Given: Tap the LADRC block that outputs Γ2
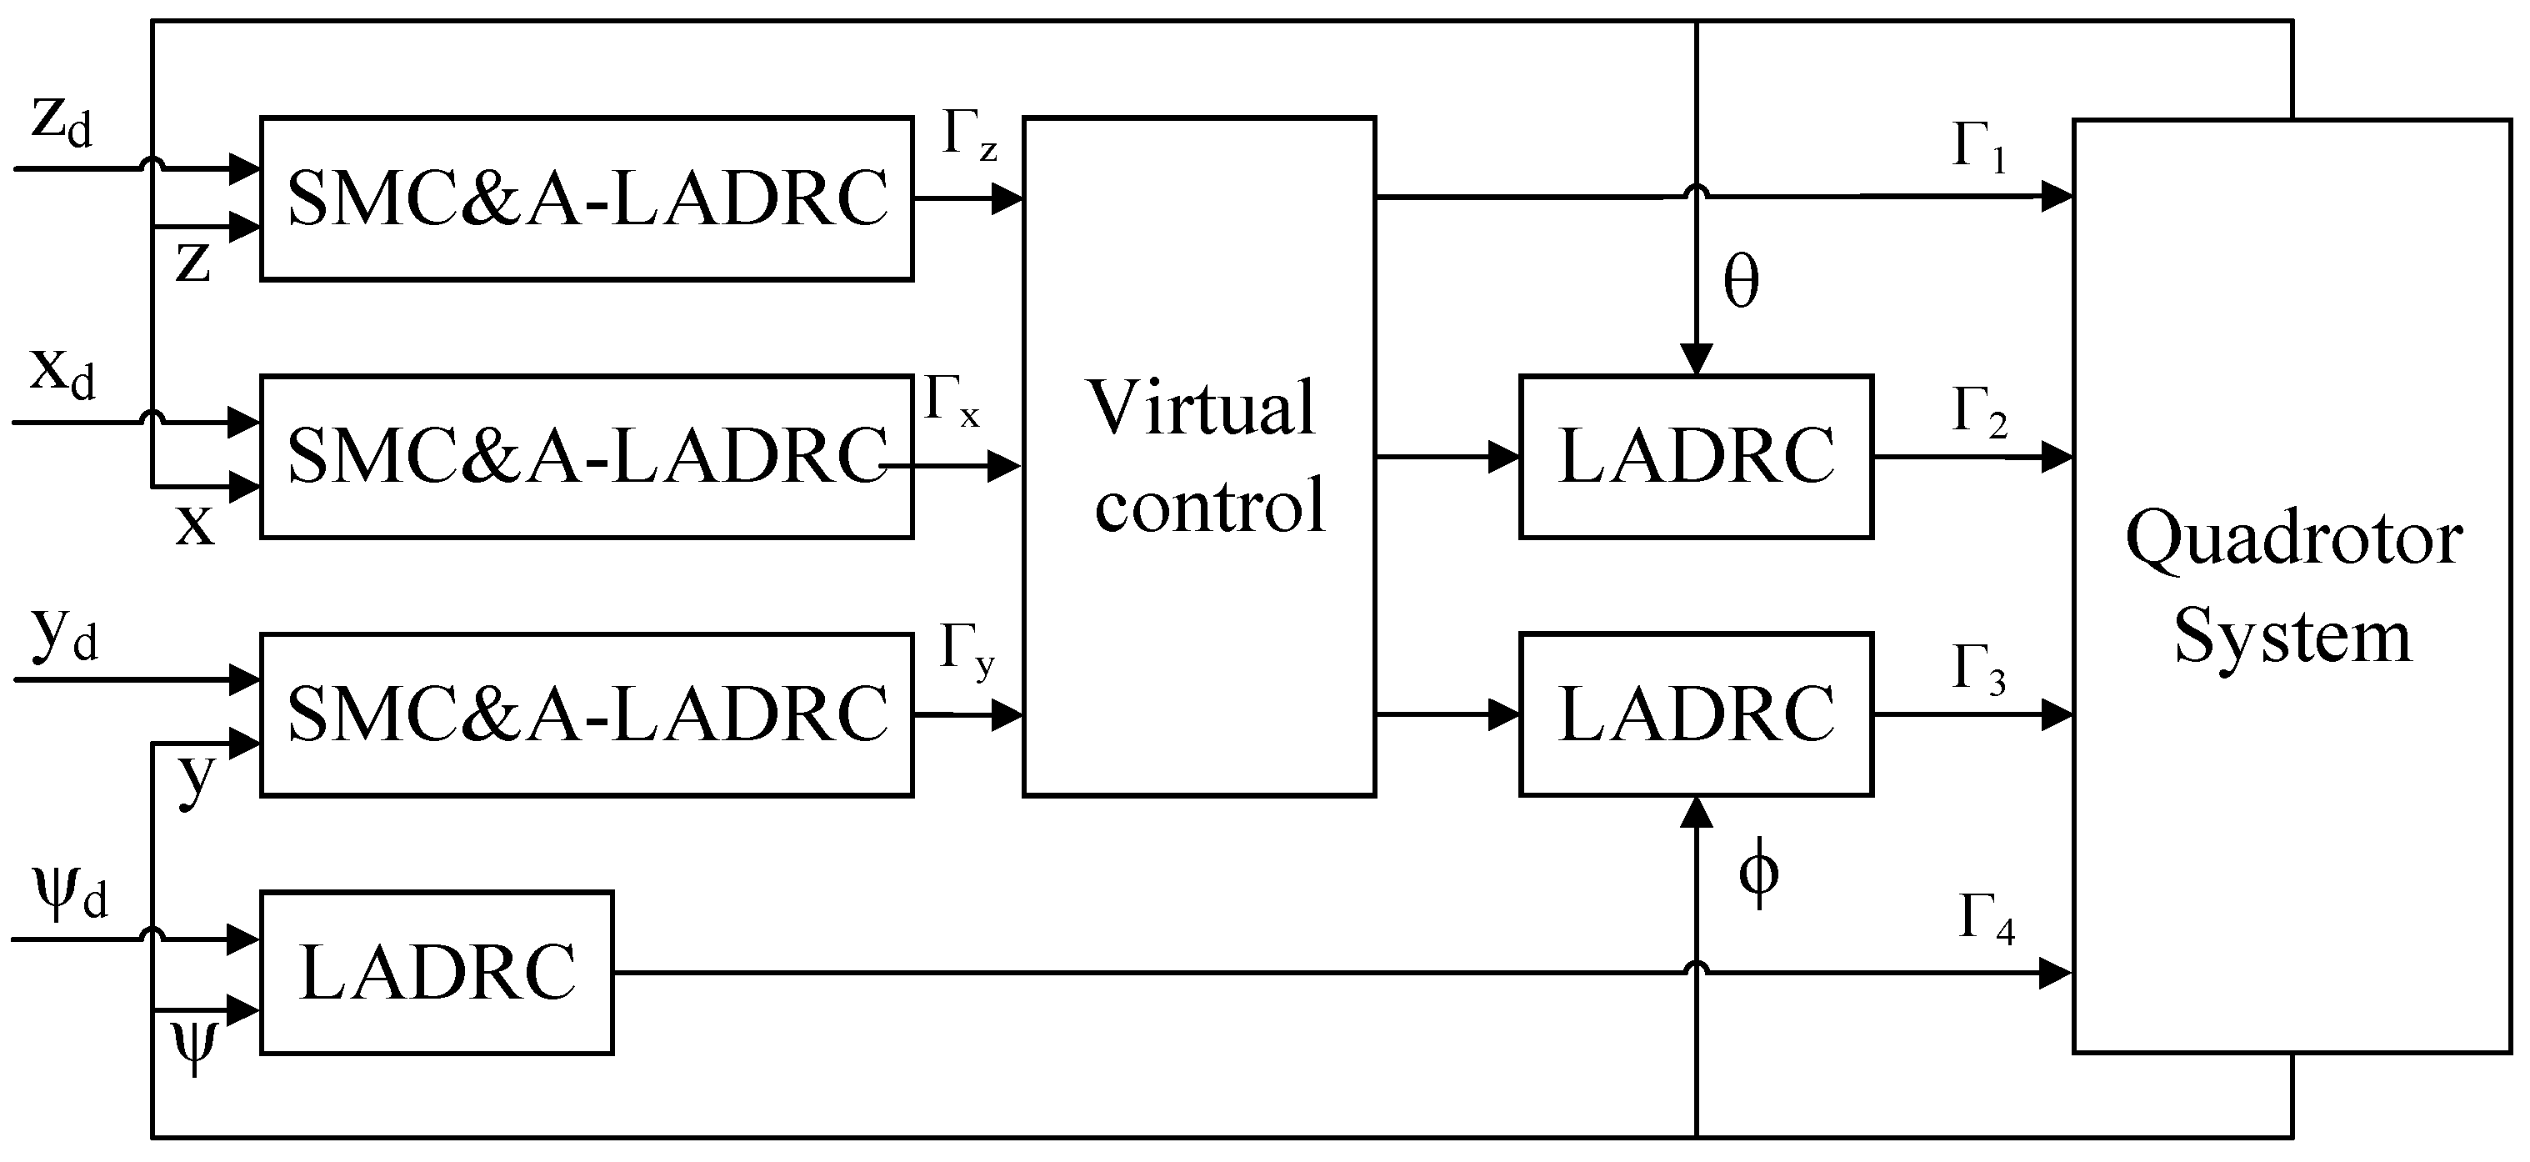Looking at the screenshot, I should tap(1695, 457).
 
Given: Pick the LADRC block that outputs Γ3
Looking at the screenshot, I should tap(1695, 714).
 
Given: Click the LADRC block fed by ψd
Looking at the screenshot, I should tap(436, 973).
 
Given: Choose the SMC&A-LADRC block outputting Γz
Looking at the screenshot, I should tap(587, 199).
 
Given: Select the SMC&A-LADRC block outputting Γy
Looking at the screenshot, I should tap(587, 714).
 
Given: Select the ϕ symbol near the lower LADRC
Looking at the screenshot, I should tap(1758, 874).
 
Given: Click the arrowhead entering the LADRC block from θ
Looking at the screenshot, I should tap(1696, 360).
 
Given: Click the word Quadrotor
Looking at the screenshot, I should tap(2293, 540).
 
